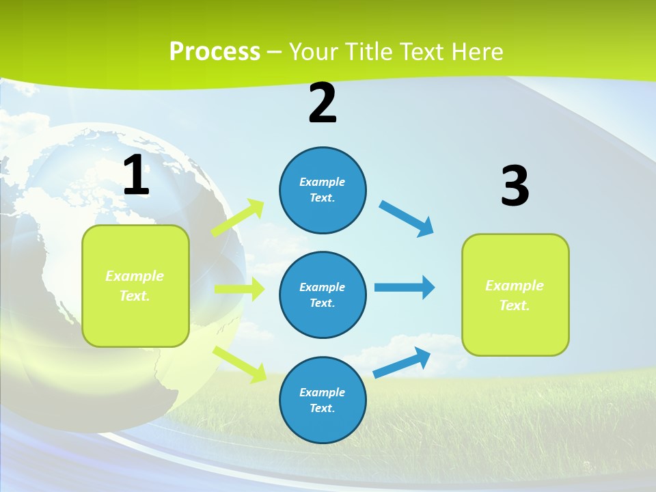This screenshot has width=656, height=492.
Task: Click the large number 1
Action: pyautogui.click(x=136, y=176)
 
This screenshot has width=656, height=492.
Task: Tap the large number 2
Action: pyautogui.click(x=323, y=103)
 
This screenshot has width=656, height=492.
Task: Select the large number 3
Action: pyautogui.click(x=515, y=187)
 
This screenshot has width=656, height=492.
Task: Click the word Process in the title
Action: pyautogui.click(x=215, y=51)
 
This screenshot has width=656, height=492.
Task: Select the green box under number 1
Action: pyautogui.click(x=135, y=286)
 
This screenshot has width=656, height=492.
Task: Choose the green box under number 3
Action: pyautogui.click(x=515, y=295)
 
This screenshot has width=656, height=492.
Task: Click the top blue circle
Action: pyautogui.click(x=323, y=190)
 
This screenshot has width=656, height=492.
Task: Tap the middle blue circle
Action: pyautogui.click(x=323, y=295)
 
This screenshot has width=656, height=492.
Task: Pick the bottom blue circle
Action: pyautogui.click(x=323, y=400)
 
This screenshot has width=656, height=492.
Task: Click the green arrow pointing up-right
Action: pyautogui.click(x=238, y=217)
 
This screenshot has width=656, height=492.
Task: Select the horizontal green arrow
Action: pyautogui.click(x=239, y=289)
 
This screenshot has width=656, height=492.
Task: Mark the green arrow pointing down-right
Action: pyautogui.click(x=240, y=364)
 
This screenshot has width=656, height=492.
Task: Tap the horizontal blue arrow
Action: pyautogui.click(x=405, y=287)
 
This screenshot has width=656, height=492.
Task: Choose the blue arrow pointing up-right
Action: pyautogui.click(x=402, y=363)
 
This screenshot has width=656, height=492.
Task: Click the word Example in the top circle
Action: pyautogui.click(x=323, y=182)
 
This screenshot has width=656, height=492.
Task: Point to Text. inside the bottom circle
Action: pyautogui.click(x=323, y=408)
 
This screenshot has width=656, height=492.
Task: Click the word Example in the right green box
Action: pyautogui.click(x=515, y=286)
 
